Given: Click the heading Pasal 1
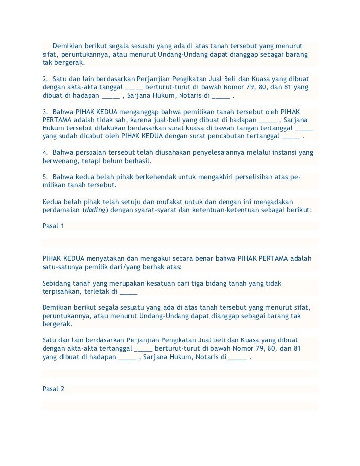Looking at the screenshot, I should point(53,226).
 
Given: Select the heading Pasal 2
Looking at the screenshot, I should point(53,388).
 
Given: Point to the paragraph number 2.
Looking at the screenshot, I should point(45,79).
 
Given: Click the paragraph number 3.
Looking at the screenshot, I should point(45,112).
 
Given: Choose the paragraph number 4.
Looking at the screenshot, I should point(45,152).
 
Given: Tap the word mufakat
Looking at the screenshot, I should point(173,201).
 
